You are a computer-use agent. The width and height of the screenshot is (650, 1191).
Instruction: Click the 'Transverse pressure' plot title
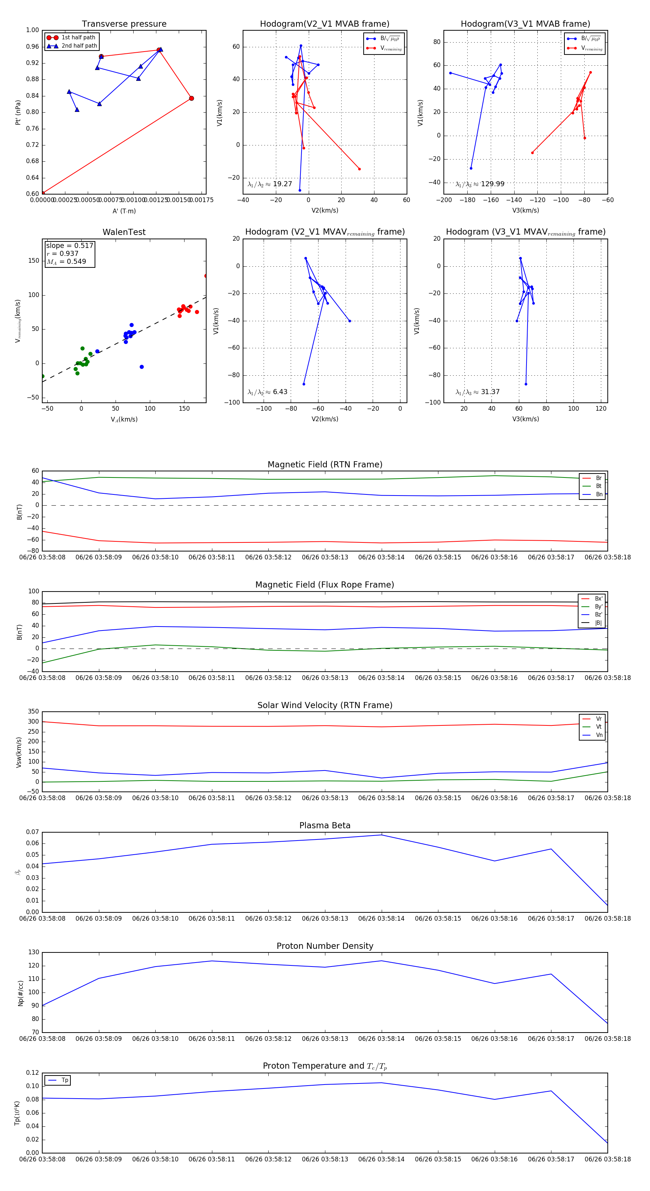[x=124, y=24]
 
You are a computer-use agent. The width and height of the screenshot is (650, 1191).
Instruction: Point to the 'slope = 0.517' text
[x=69, y=245]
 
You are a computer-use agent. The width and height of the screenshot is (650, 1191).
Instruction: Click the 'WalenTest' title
[x=124, y=232]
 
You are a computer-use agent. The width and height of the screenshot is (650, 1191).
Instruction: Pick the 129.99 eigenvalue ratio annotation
[x=480, y=184]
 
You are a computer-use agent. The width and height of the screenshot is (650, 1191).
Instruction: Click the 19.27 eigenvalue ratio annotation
[x=270, y=184]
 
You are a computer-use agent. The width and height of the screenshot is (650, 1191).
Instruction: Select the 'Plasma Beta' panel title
[x=325, y=825]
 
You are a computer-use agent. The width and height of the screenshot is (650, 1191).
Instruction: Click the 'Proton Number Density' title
[x=325, y=946]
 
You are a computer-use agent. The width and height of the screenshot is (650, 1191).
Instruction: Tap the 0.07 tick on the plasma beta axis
[x=32, y=832]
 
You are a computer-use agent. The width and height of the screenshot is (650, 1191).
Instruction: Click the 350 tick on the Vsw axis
[x=33, y=712]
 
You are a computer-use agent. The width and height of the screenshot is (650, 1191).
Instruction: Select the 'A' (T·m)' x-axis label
[x=124, y=211]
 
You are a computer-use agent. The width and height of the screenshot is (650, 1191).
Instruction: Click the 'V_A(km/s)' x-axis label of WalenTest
[x=124, y=419]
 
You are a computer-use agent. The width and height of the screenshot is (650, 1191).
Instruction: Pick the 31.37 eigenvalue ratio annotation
[x=477, y=392]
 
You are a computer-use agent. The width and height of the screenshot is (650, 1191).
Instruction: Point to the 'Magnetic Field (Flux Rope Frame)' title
[x=325, y=585]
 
